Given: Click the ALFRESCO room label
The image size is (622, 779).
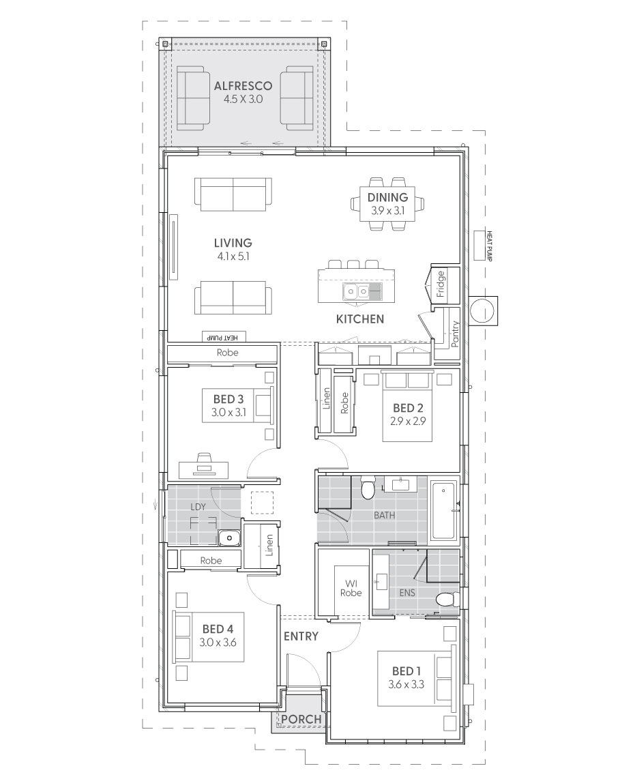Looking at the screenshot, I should (243, 87).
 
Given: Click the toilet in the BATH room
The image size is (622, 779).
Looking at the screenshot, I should (368, 488).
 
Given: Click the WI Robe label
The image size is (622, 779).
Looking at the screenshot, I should (352, 588).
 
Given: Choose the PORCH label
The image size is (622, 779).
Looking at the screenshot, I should (301, 719).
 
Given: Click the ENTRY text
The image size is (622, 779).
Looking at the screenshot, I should (301, 636).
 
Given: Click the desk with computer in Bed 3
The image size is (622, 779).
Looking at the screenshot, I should (205, 466).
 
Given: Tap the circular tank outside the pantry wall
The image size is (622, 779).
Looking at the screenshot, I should (485, 310).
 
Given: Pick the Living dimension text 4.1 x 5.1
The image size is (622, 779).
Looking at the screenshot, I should (233, 256).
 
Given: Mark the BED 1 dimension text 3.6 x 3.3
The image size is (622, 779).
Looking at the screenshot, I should (408, 684).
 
